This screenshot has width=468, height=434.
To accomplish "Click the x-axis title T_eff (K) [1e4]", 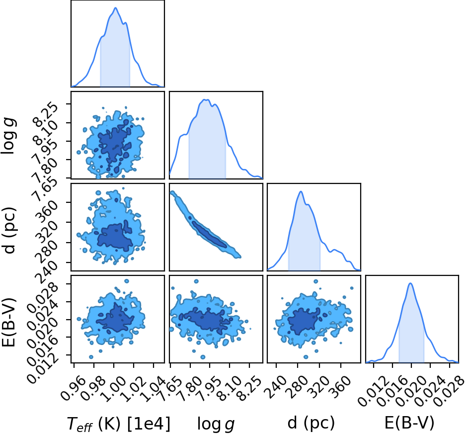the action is [119, 424].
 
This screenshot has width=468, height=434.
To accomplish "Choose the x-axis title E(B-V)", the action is [409, 423].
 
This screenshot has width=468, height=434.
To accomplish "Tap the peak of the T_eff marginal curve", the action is [115, 8].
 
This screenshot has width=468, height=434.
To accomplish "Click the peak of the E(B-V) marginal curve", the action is [410, 283].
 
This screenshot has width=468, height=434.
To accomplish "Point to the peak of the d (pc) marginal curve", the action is [301, 191].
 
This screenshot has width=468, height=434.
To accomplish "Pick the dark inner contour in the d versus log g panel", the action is [210, 235].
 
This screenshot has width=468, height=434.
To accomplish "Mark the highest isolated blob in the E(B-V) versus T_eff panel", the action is [127, 281].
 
